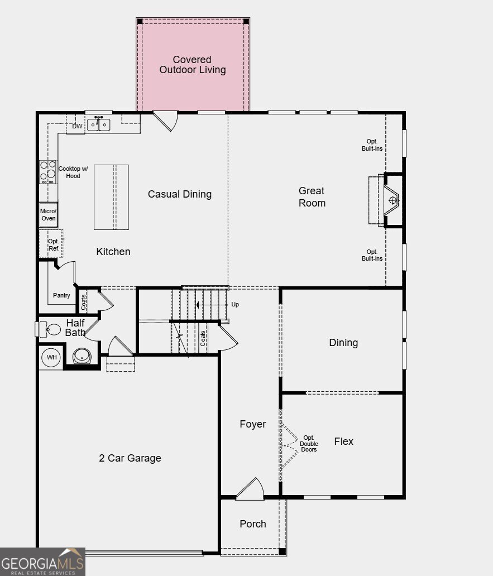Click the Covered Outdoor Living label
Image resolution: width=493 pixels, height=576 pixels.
(193, 65)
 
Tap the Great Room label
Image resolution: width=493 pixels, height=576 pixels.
(312, 197)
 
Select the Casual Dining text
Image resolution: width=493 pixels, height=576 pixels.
(180, 194)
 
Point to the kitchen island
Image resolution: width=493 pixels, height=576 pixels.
(111, 197)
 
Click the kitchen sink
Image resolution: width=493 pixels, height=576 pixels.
(99, 124)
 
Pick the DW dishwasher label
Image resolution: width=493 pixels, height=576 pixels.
(77, 127)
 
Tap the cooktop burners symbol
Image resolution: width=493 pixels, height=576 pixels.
(48, 172)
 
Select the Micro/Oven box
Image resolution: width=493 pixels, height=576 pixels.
(49, 215)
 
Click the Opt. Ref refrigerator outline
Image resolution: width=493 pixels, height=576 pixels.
(53, 244)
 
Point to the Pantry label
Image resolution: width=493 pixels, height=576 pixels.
(61, 295)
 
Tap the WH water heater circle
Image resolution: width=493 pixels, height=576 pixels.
(51, 357)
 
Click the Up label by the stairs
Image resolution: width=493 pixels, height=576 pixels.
(235, 305)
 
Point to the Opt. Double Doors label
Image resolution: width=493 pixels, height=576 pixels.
(309, 444)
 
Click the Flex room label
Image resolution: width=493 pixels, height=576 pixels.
(344, 441)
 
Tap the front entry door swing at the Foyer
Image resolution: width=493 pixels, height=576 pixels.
(251, 489)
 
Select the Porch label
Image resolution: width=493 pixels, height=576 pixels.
(253, 524)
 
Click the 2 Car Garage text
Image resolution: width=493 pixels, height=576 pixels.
(130, 458)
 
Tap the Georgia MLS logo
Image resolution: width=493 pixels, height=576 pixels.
(42, 561)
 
